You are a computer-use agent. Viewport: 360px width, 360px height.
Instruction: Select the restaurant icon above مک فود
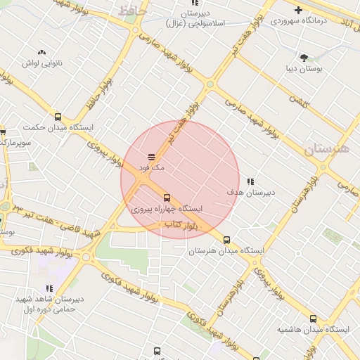151,157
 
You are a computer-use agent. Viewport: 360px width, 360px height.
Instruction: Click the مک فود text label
151,168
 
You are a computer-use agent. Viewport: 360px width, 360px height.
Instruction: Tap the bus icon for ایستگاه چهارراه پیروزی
167,198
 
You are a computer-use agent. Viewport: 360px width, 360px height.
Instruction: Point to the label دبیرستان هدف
251,192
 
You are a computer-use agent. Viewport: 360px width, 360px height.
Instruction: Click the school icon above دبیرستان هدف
251,181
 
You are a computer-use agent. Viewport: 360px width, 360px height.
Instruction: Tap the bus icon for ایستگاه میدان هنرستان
226,240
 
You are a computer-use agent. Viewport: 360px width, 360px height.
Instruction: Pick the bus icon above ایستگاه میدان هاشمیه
314,318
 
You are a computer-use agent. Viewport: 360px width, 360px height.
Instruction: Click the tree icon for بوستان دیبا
304,58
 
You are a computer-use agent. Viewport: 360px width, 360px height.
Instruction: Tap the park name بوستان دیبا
304,69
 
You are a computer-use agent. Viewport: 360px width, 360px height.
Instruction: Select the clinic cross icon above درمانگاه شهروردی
299,10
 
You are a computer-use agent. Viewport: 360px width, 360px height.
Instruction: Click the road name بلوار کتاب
180,226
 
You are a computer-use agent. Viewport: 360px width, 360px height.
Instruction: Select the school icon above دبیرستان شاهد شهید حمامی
49,288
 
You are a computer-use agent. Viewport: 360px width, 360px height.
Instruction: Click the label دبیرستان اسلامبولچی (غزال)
195,19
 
